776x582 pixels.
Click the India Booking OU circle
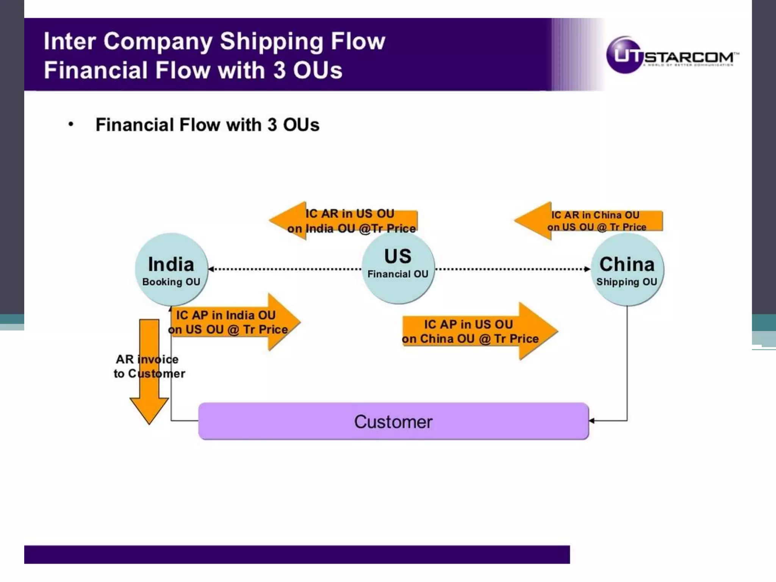[171, 270]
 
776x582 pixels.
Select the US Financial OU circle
[398, 268]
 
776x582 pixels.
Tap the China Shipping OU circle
[627, 270]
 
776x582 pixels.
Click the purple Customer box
[393, 421]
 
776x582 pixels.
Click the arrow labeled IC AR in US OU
[343, 221]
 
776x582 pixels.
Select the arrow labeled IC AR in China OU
[588, 221]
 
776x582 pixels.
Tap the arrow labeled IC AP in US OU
[479, 331]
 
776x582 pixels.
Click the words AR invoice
[147, 359]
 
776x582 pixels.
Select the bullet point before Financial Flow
[71, 124]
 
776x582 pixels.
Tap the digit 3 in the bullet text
[272, 125]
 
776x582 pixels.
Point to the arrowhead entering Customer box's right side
[592, 421]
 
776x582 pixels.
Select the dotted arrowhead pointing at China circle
[587, 269]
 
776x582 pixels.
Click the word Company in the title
[158, 42]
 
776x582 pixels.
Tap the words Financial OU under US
[398, 274]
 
